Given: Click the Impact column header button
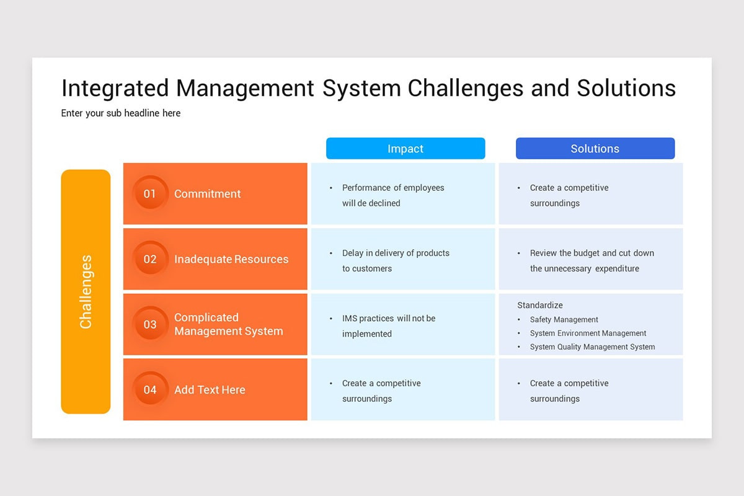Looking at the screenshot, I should (x=405, y=149).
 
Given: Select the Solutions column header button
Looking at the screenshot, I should (x=595, y=149).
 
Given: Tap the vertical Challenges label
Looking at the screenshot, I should (x=86, y=291).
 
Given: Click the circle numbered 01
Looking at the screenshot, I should (x=150, y=193).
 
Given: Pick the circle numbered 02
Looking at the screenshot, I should (x=150, y=259).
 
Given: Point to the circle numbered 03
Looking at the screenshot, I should (x=150, y=324).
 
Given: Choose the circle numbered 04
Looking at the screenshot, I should (x=150, y=390).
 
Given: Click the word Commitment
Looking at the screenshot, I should (x=207, y=194).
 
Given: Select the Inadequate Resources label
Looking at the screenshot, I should (x=231, y=259).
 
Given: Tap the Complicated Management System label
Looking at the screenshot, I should (x=228, y=324).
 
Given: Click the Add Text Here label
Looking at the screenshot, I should (x=210, y=390).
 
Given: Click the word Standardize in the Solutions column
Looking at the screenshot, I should (x=540, y=305).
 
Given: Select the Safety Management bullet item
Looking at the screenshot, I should (x=564, y=320).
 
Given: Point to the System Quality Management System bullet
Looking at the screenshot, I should (x=592, y=347).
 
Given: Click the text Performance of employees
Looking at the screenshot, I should (x=393, y=188).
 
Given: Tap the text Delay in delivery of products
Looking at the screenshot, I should (x=396, y=253).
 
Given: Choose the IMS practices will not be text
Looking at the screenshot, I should (x=389, y=318).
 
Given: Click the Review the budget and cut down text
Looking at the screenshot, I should (x=591, y=253).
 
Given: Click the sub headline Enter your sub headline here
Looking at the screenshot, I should (x=121, y=113).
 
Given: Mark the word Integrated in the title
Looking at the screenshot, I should (x=115, y=88).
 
